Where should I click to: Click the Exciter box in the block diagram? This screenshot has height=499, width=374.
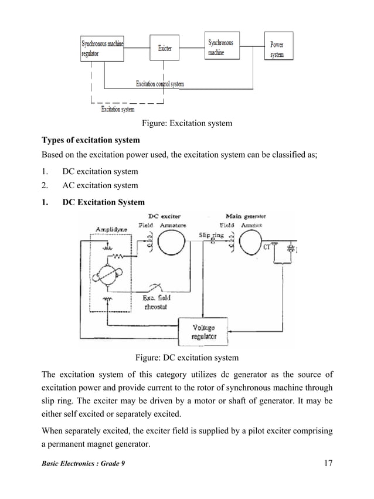[x=165, y=48]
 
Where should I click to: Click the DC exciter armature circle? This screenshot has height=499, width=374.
[x=174, y=242]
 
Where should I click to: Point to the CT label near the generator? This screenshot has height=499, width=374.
[x=267, y=246]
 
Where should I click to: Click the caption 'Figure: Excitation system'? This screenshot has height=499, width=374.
[x=187, y=123]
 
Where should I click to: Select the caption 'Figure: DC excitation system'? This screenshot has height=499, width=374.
[x=187, y=358]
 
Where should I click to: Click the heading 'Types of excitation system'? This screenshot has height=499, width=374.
[x=90, y=140]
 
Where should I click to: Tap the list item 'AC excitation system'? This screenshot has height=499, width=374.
[x=100, y=186]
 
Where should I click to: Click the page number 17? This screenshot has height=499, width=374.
[x=328, y=464]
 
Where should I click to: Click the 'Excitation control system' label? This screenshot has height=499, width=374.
[x=159, y=84]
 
